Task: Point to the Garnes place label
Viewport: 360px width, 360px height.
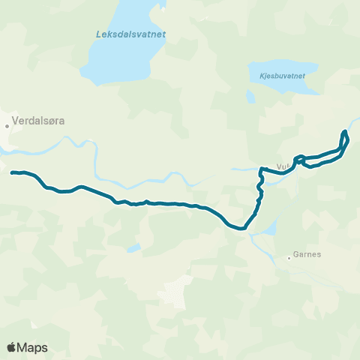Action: pos(309,254)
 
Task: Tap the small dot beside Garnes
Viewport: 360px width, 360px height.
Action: pos(289,259)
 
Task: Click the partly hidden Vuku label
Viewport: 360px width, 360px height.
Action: pos(283,166)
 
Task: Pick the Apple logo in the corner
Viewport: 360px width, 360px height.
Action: pos(12,347)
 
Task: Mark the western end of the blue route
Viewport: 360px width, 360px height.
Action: pos(12,172)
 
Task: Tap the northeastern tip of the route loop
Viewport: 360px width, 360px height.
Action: pos(345,133)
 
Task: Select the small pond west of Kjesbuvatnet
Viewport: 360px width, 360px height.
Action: pos(250,96)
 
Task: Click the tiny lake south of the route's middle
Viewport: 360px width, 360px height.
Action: pos(133,247)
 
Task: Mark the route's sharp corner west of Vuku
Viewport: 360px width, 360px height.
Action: pos(261,169)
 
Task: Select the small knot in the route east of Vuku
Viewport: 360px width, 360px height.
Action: pos(299,158)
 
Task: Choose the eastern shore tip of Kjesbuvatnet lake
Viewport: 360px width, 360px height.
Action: pos(318,86)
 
